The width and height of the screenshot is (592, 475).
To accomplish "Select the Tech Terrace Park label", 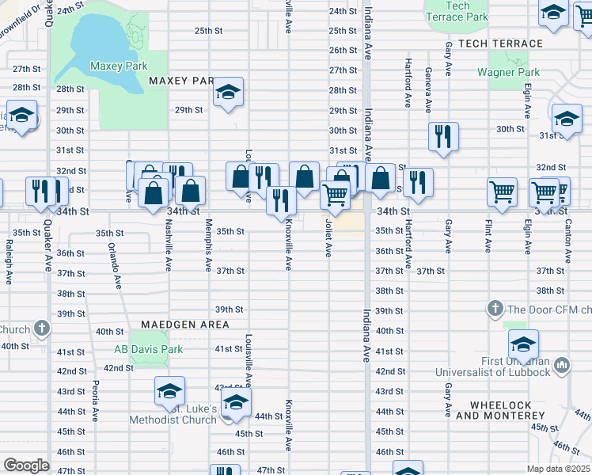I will pos(457,11).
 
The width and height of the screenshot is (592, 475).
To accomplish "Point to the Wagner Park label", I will pos(508,72).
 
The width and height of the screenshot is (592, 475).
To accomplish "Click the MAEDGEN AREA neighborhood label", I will pos(185,325).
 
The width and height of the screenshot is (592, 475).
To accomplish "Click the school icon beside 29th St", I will pos(227,93).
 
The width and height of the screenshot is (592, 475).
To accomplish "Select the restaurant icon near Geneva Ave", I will pos(443,136).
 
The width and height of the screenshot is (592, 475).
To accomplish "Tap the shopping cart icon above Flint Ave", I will pos(502,191).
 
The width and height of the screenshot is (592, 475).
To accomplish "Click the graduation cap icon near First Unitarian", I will pos(522,344).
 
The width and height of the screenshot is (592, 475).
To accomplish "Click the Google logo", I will pos(26,465).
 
